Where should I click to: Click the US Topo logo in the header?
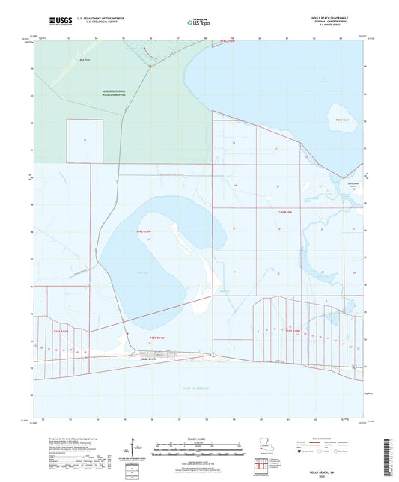(x=198, y=22)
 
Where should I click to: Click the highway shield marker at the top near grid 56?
(x=150, y=67)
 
